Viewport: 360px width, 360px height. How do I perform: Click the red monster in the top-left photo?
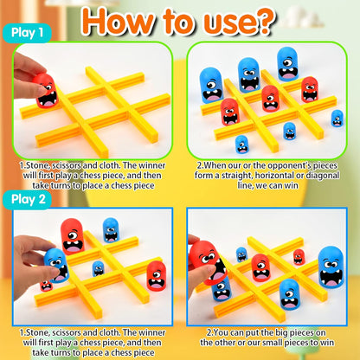tap(44, 87)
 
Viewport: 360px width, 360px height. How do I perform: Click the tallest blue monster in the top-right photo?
tap(248, 74)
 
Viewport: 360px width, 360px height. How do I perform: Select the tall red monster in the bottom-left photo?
tap(73, 235)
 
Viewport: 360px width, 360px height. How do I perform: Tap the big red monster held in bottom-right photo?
tap(207, 259)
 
